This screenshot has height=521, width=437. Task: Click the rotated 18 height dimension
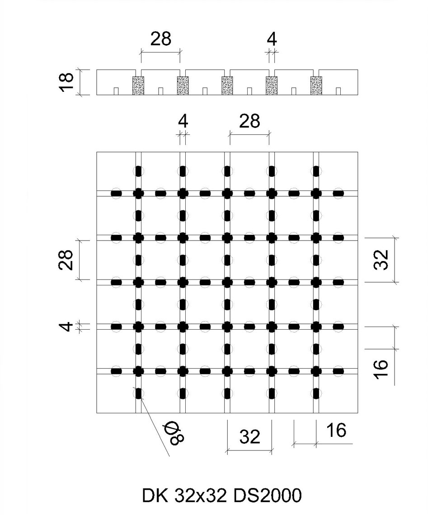click(67, 82)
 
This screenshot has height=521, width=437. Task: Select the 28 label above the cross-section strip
click(161, 39)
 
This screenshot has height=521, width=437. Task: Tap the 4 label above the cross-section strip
click(272, 39)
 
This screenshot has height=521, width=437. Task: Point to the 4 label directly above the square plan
click(183, 122)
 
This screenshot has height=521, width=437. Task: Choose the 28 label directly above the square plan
click(249, 121)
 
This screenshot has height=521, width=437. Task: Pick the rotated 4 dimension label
click(67, 326)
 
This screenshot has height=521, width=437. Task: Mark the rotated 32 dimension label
click(381, 260)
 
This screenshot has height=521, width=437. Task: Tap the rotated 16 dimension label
click(381, 369)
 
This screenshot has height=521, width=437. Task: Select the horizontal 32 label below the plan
click(250, 436)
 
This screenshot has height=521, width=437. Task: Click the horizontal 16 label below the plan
click(336, 430)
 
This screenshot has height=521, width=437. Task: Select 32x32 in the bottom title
click(200, 495)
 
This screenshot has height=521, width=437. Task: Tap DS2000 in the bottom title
click(268, 495)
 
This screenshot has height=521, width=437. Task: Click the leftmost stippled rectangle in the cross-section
click(138, 86)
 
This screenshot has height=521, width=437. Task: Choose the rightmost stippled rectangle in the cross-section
click(316, 86)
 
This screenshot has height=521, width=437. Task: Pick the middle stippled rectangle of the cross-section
click(227, 86)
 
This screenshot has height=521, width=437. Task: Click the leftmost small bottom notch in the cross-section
click(116, 91)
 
